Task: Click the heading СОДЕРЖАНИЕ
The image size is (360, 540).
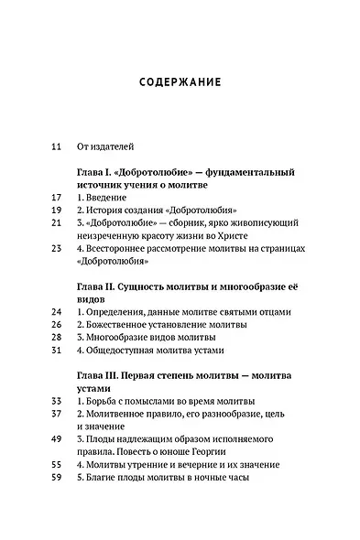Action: [x=180, y=81]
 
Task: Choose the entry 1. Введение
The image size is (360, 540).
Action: [x=106, y=197]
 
